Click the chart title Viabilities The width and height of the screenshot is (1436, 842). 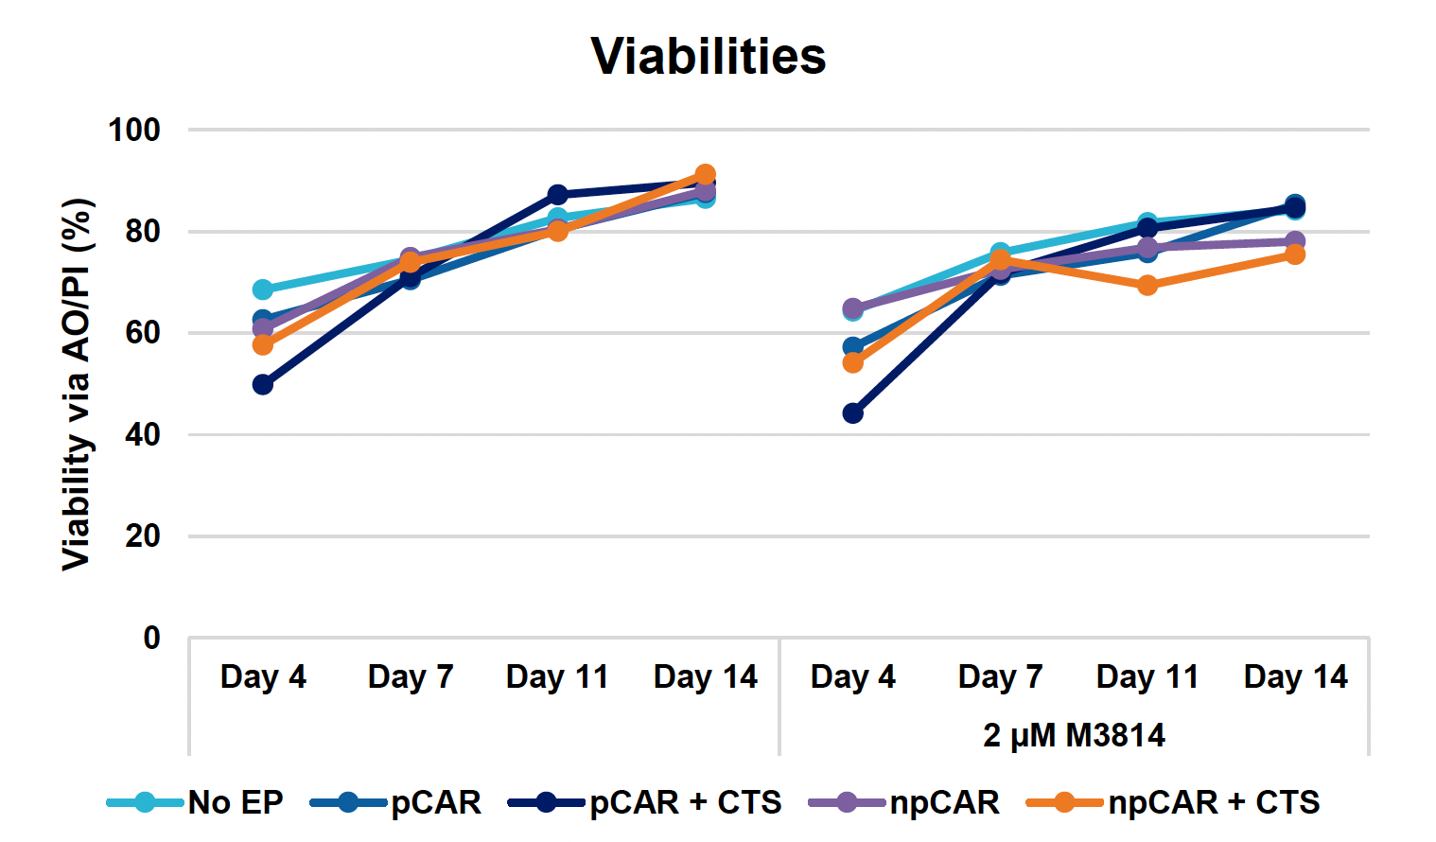pos(708,57)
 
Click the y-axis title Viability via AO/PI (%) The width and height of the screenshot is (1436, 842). pos(78,384)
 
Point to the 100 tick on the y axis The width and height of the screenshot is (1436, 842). pos(134,130)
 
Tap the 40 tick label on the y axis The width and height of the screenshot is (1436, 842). pos(142,435)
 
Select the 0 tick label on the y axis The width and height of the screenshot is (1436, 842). pos(151,639)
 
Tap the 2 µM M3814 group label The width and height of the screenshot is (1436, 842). pos(1074,735)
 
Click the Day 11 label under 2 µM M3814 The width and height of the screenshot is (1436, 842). pos(1147,677)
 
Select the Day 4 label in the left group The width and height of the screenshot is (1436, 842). pos(263,677)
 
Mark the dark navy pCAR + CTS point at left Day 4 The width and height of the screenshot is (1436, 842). pos(263,385)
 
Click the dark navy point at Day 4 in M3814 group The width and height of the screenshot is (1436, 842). pos(852,413)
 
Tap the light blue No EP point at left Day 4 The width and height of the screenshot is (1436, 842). pos(263,289)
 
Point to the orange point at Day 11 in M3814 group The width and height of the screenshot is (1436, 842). pos(1147,285)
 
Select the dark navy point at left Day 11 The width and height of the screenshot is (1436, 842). pos(558,195)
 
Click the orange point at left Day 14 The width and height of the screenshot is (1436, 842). pos(706,175)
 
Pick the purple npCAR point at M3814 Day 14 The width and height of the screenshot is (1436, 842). pos(1295,241)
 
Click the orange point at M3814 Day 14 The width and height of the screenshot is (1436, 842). pos(1295,254)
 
